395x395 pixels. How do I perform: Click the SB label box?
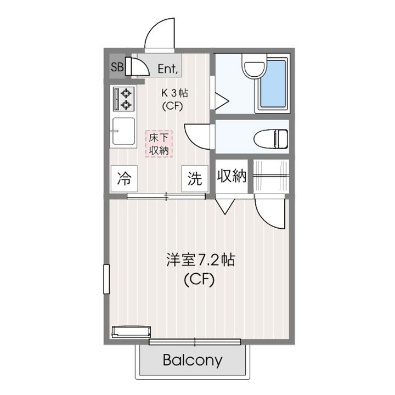coord(117,67)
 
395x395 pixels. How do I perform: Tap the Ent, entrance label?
coord(168,69)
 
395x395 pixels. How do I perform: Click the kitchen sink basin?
coord(123,132)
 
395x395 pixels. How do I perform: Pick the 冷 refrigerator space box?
coord(123,178)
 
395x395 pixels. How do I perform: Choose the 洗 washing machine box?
coord(195,178)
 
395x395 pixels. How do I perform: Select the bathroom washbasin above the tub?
coord(253,69)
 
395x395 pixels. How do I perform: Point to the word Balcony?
coord(193,360)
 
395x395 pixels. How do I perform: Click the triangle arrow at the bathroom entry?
coord(221,101)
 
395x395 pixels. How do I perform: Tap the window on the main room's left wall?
coord(106,279)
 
